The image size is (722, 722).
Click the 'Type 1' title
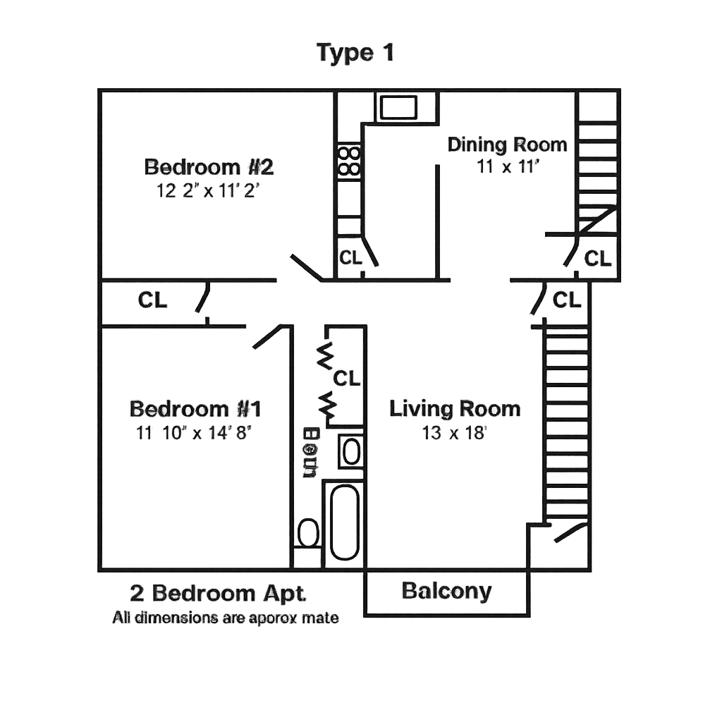[355, 53]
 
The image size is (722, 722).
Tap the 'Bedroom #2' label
[209, 167]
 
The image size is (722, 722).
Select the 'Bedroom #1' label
[197, 409]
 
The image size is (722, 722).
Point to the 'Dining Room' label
[508, 145]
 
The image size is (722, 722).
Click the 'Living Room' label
[455, 409]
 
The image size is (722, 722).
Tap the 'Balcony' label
[447, 591]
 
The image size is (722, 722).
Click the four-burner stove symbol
[349, 160]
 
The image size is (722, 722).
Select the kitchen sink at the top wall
[399, 107]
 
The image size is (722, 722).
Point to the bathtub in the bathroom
[344, 522]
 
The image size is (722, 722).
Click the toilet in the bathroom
[308, 532]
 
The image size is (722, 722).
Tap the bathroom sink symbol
[351, 451]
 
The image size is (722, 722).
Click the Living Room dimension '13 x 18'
[455, 432]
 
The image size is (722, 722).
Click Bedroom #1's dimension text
[194, 432]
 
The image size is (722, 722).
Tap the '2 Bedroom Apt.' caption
[219, 594]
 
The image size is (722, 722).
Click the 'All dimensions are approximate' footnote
[226, 618]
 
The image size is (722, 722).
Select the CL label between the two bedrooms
[153, 300]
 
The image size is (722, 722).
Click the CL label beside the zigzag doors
[346, 379]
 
